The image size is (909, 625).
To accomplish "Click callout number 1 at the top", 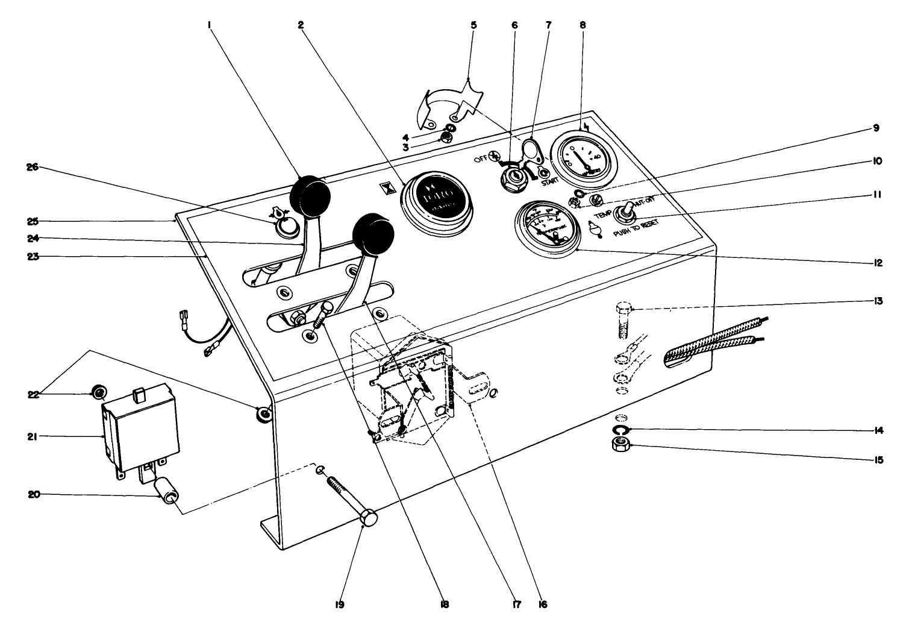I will (208, 25).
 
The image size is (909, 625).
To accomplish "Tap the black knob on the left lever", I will (310, 195).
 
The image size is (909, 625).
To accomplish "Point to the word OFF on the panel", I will (479, 159).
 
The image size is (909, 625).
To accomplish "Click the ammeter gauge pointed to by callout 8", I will (581, 155).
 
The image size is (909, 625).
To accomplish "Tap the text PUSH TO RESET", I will (635, 227).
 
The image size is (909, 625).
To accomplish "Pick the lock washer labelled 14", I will (620, 429).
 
